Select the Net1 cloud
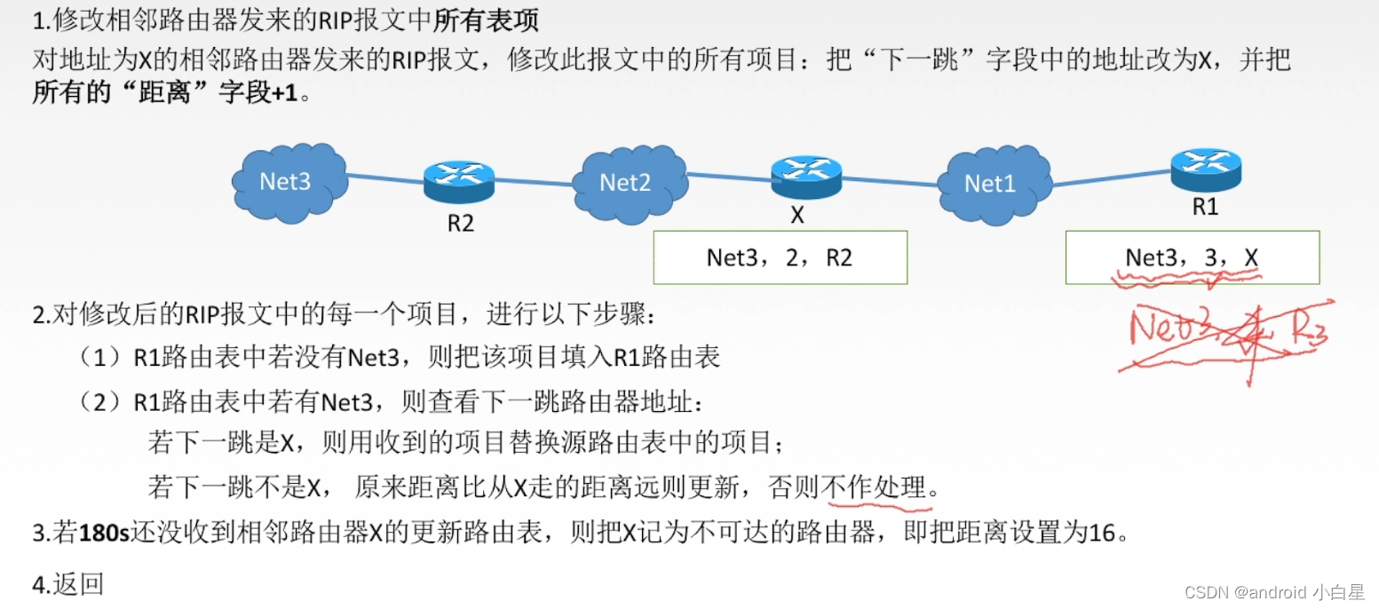coord(991,183)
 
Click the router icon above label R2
coord(459,181)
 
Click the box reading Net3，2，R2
coord(780,257)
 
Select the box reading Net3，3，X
coord(1192,257)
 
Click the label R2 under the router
coord(460,223)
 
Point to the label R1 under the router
coord(1205,208)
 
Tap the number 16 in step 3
coord(1101,534)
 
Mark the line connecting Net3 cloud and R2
coord(384,178)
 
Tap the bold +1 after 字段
coord(285,92)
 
